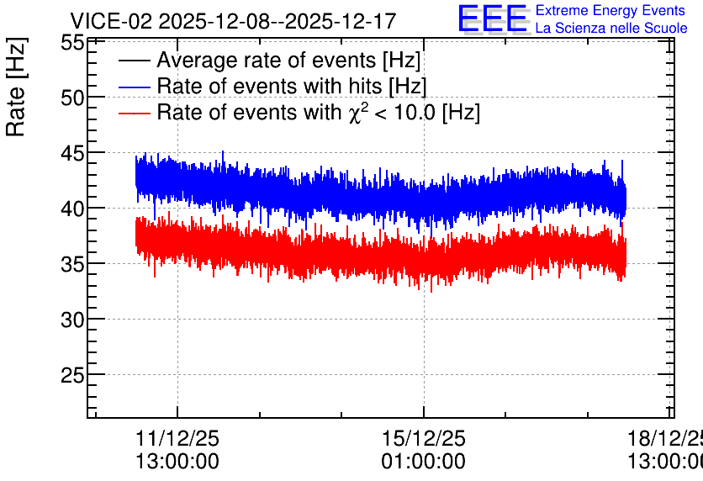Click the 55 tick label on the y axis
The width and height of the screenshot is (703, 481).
point(72,43)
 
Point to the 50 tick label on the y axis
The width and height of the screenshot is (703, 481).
point(72,98)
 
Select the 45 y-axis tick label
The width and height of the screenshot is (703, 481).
point(72,153)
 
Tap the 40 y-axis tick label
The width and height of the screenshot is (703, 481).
point(72,209)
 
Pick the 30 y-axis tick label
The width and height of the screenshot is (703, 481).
point(72,320)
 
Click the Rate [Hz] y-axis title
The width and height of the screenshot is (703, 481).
point(16,87)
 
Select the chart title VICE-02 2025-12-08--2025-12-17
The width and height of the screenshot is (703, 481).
point(233,21)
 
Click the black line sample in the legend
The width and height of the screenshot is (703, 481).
point(134,61)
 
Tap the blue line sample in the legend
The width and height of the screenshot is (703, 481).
point(134,87)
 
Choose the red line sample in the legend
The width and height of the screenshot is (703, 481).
point(134,113)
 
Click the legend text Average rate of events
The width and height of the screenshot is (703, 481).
point(267,60)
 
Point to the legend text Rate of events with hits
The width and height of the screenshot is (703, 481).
point(269,86)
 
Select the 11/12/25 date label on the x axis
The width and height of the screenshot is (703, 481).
point(177,438)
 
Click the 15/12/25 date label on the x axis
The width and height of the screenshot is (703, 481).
point(424,438)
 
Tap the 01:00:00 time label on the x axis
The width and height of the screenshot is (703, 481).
point(424,462)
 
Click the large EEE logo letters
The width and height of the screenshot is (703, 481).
point(492,18)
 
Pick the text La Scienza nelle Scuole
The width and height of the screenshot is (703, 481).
point(611,29)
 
